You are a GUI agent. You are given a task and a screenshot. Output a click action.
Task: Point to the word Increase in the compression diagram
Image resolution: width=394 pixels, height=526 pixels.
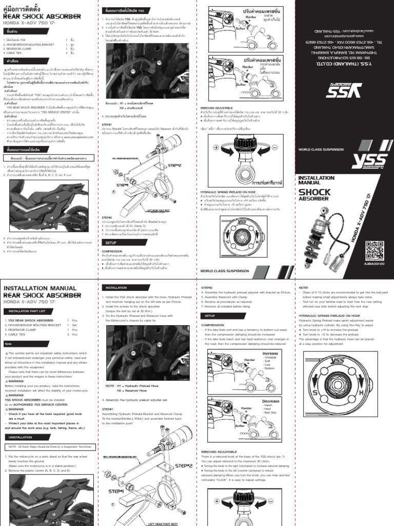(x=270, y=354)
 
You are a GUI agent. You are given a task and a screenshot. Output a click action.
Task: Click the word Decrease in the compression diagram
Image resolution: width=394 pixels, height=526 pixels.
(x=270, y=401)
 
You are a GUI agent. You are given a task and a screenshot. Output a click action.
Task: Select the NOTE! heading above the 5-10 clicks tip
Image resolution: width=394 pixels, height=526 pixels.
(x=303, y=288)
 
